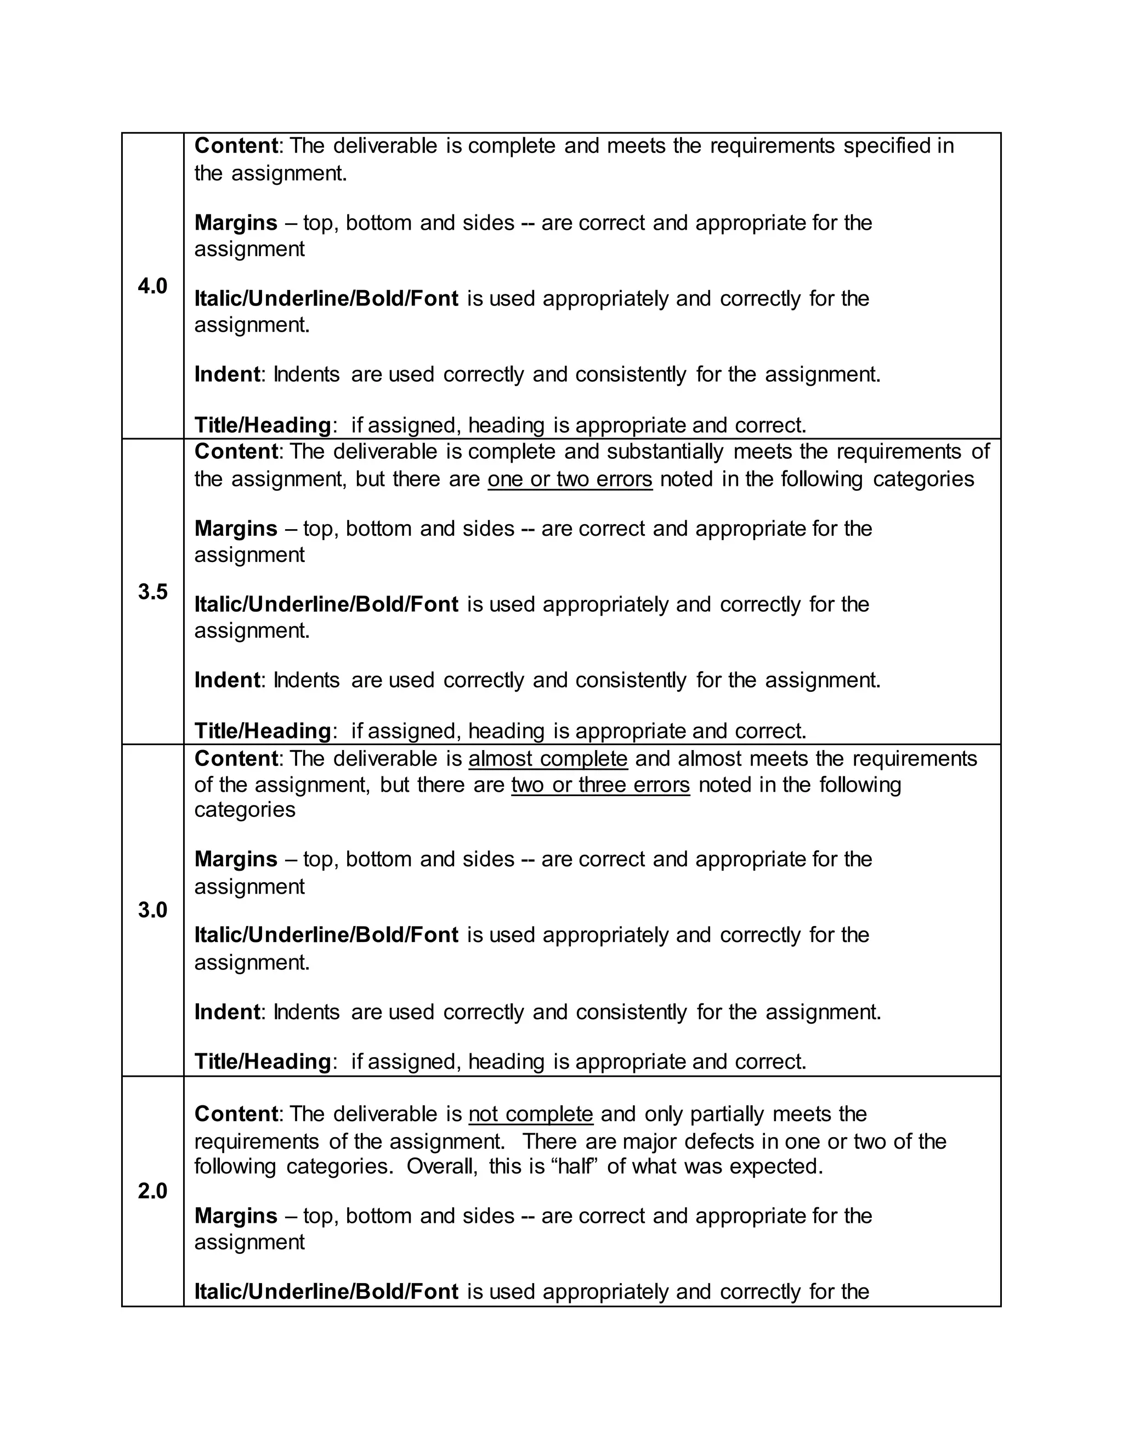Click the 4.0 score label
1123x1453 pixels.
pyautogui.click(x=152, y=287)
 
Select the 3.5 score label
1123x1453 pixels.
pyautogui.click(x=152, y=592)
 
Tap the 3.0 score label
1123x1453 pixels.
pyautogui.click(x=152, y=910)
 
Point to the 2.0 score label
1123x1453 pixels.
pyautogui.click(x=152, y=1191)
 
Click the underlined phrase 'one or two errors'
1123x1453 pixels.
pyautogui.click(x=570, y=479)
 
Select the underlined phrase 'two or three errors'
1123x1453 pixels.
pyautogui.click(x=600, y=785)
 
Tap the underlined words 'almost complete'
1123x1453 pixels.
pyautogui.click(x=548, y=758)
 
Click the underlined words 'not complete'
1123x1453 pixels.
pyautogui.click(x=530, y=1114)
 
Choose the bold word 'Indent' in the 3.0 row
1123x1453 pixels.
pyautogui.click(x=227, y=1012)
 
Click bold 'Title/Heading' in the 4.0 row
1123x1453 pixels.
pyautogui.click(x=262, y=425)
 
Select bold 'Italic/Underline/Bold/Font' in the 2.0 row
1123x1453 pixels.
pyautogui.click(x=326, y=1291)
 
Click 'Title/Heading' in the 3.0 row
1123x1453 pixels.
pyautogui.click(x=262, y=1061)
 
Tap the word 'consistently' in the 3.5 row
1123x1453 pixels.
pyautogui.click(x=630, y=680)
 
